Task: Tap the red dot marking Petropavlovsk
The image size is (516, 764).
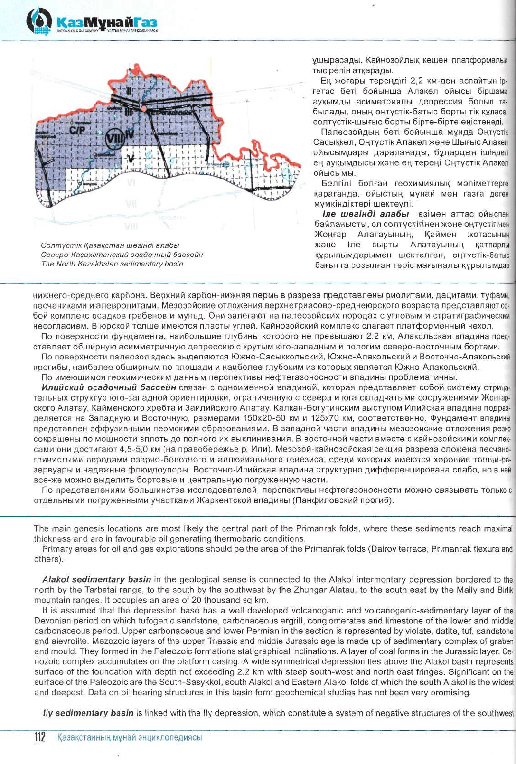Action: pyautogui.click(x=143, y=109)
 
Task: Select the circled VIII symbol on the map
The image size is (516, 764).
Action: pyautogui.click(x=114, y=137)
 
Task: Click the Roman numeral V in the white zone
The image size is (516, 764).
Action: pyautogui.click(x=131, y=157)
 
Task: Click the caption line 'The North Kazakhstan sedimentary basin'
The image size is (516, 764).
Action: pyautogui.click(x=112, y=264)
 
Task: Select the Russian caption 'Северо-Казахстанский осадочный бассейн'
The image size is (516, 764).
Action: pyautogui.click(x=122, y=254)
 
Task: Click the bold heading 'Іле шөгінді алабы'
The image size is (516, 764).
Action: pyautogui.click(x=366, y=214)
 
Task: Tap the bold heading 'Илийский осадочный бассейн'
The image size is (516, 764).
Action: pyautogui.click(x=109, y=387)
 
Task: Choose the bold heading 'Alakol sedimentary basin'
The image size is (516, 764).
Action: pyautogui.click(x=97, y=579)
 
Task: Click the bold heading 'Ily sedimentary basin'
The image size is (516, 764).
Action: pyautogui.click(x=88, y=713)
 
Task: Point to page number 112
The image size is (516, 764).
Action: pyautogui.click(x=39, y=737)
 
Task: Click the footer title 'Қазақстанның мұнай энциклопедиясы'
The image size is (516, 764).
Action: pyautogui.click(x=129, y=737)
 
